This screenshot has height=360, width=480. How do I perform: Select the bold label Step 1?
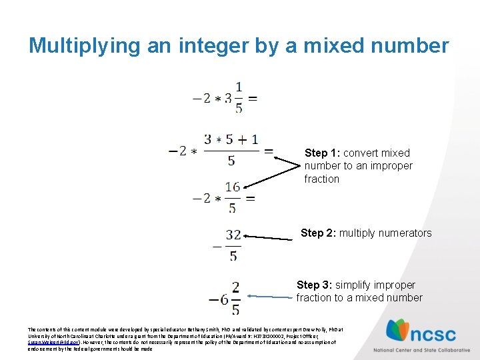pos(322,153)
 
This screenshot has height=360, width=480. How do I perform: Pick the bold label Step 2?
pos(319,233)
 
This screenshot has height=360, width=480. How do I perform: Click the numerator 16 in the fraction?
pos(232,187)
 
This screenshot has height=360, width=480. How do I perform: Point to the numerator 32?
pos(233,235)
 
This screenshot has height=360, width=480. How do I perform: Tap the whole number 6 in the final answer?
pos(223,299)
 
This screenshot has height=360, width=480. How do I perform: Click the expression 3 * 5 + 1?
pos(231,140)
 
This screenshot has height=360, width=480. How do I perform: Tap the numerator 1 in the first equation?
pos(239,87)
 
